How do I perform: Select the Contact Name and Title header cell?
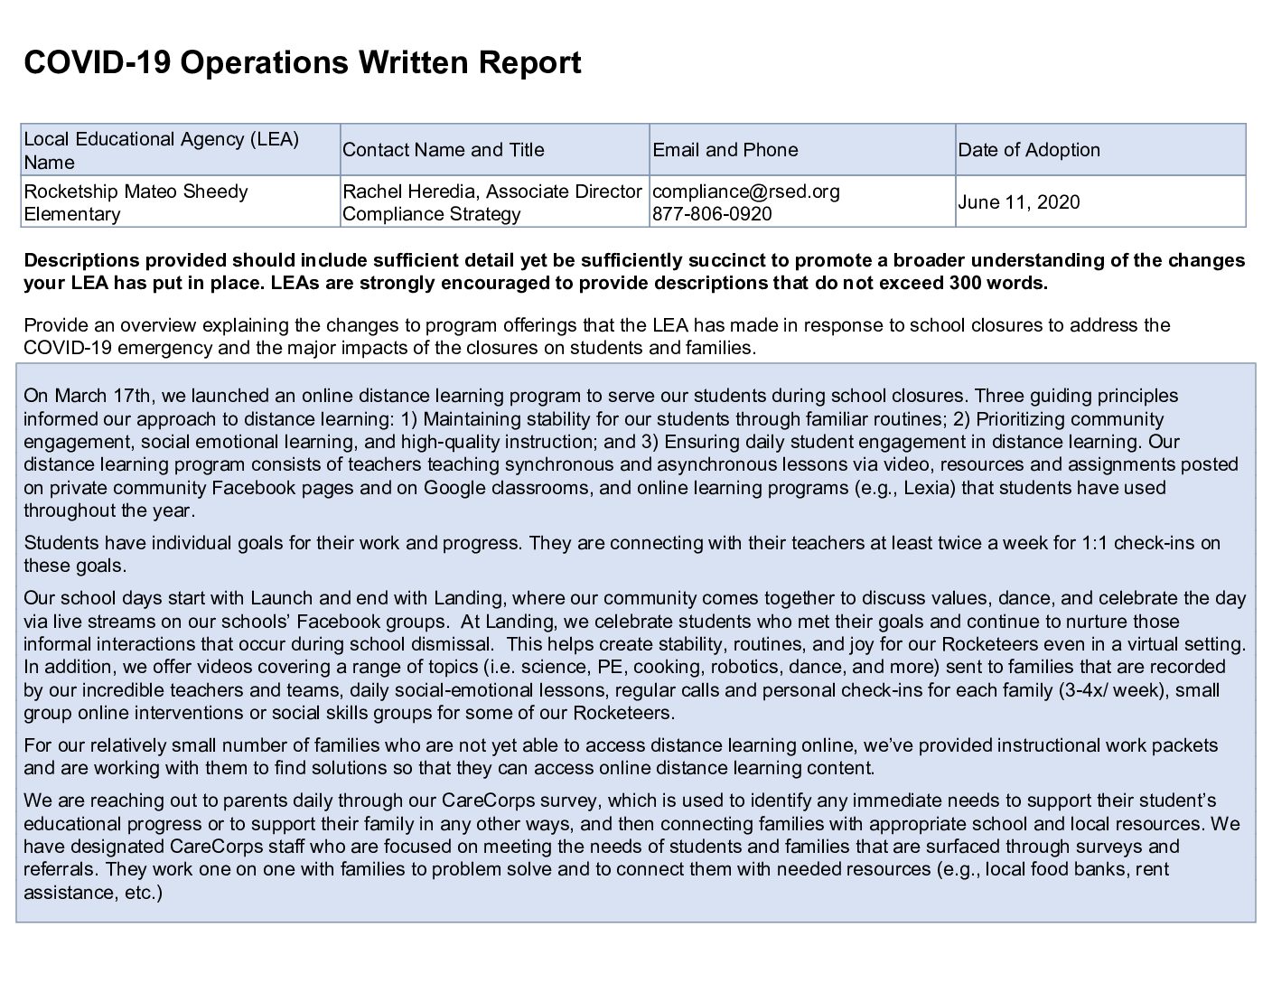point(443,150)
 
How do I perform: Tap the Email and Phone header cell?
point(725,150)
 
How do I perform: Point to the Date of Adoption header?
point(1029,150)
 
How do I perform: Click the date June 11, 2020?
point(1018,201)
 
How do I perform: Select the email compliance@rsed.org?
point(745,192)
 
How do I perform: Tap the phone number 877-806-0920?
point(712,214)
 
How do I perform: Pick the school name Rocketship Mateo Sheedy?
point(136,192)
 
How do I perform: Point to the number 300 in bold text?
point(967,283)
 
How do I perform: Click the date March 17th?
point(94,396)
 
